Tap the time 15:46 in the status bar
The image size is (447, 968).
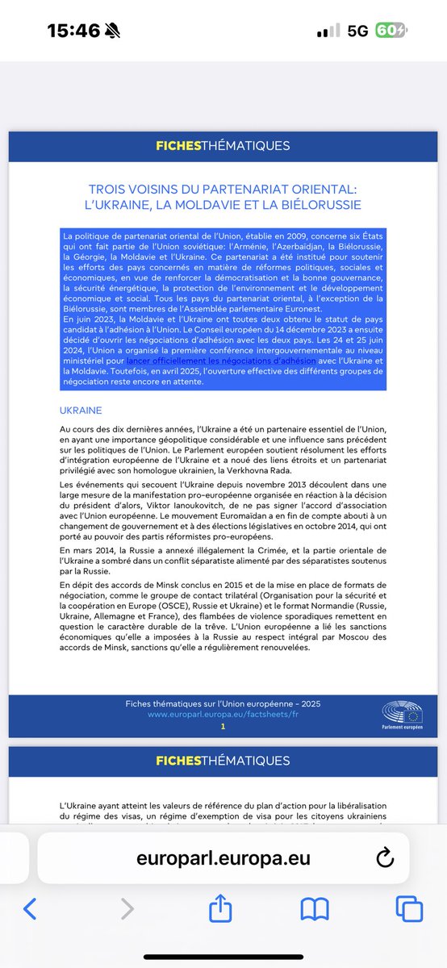pyautogui.click(x=73, y=31)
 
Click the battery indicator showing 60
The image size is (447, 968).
pyautogui.click(x=391, y=31)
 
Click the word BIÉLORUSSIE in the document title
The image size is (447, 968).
pyautogui.click(x=320, y=204)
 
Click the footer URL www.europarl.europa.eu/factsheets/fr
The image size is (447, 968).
pyautogui.click(x=223, y=715)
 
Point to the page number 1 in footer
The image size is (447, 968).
pyautogui.click(x=223, y=727)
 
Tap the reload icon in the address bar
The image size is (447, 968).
pyautogui.click(x=385, y=857)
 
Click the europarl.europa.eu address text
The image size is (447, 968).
pyautogui.click(x=223, y=857)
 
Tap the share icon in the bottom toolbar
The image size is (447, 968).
pyautogui.click(x=220, y=910)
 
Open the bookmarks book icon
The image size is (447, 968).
pyautogui.click(x=315, y=910)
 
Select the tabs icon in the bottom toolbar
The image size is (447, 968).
pyautogui.click(x=409, y=910)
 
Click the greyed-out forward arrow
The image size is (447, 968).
pyautogui.click(x=127, y=910)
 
